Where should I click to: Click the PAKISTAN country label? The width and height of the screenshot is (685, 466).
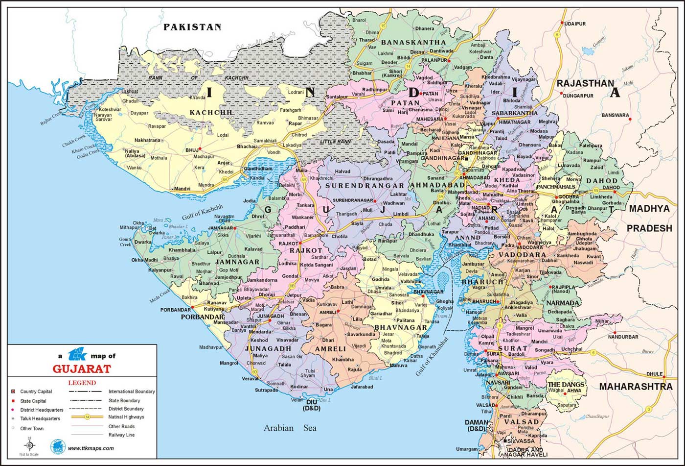(192, 27)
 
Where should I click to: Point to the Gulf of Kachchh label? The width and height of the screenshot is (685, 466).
(202, 212)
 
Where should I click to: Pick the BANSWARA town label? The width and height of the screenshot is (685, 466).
(615, 116)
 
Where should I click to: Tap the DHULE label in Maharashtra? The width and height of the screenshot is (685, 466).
(654, 374)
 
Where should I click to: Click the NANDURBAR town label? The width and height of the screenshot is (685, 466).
(623, 337)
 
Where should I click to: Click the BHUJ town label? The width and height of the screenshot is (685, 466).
(191, 149)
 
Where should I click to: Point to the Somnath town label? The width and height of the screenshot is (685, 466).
(276, 384)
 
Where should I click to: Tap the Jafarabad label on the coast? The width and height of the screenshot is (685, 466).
(362, 387)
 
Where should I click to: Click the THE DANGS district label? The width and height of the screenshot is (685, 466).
(566, 384)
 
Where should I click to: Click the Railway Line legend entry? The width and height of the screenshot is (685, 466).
(121, 435)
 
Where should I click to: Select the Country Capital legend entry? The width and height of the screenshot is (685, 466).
(36, 392)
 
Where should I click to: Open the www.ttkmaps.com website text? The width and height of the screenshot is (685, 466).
(91, 448)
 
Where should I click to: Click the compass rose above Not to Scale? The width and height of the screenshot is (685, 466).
(29, 445)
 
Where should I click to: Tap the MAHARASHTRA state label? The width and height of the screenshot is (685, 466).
(636, 387)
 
